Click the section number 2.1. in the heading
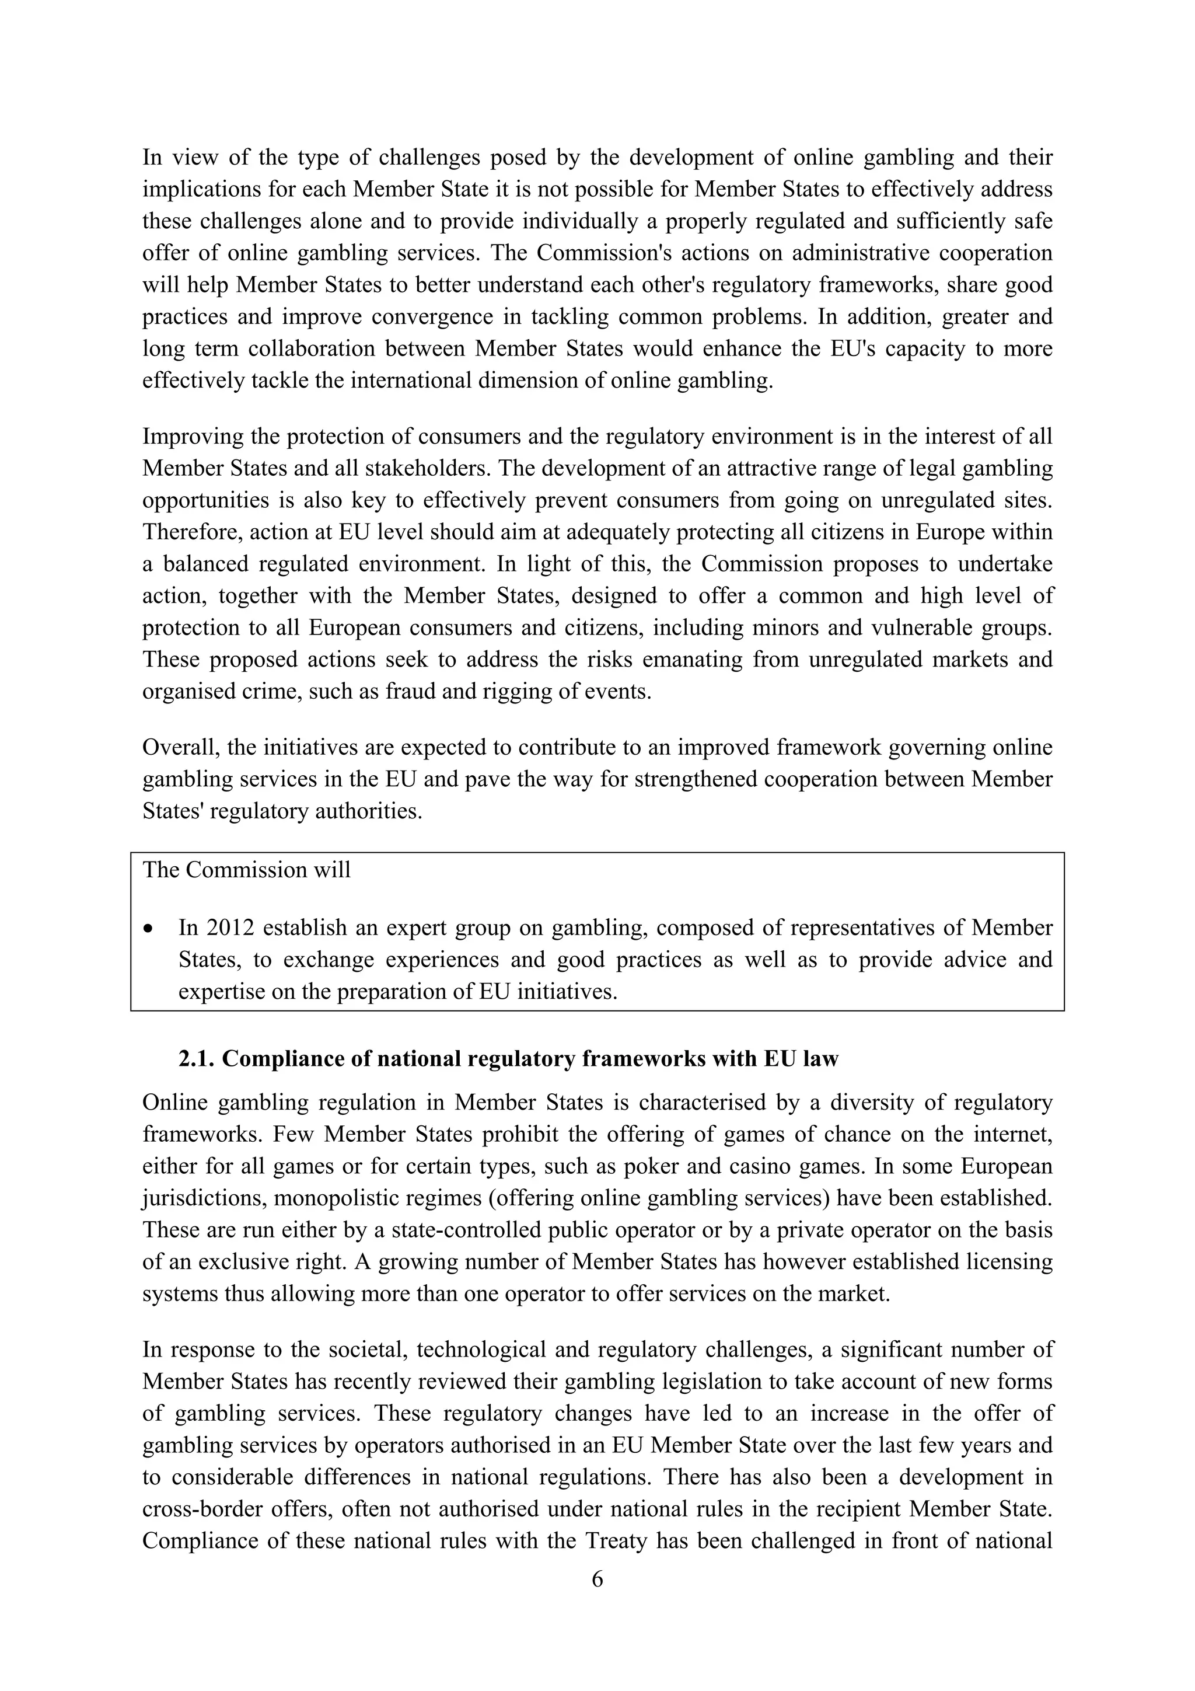pos(197,1059)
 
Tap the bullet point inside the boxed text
pos(149,929)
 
